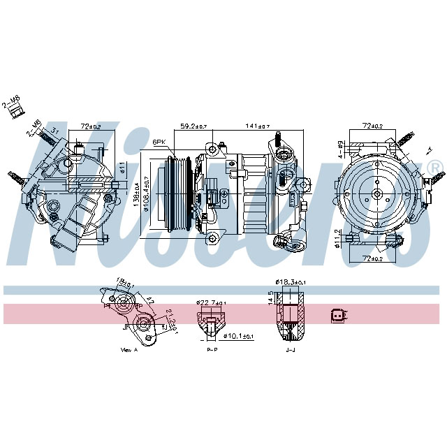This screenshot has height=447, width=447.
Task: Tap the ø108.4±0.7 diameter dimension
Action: click(146, 197)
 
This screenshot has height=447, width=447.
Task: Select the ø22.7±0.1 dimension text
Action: click(212, 302)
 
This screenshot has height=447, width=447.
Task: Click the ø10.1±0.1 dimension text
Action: click(237, 336)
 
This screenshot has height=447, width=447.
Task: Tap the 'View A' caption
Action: click(130, 349)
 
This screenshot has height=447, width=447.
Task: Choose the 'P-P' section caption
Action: click(212, 349)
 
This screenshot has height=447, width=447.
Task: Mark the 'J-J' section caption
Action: click(290, 349)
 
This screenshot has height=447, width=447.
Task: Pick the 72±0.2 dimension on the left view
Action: click(89, 126)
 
